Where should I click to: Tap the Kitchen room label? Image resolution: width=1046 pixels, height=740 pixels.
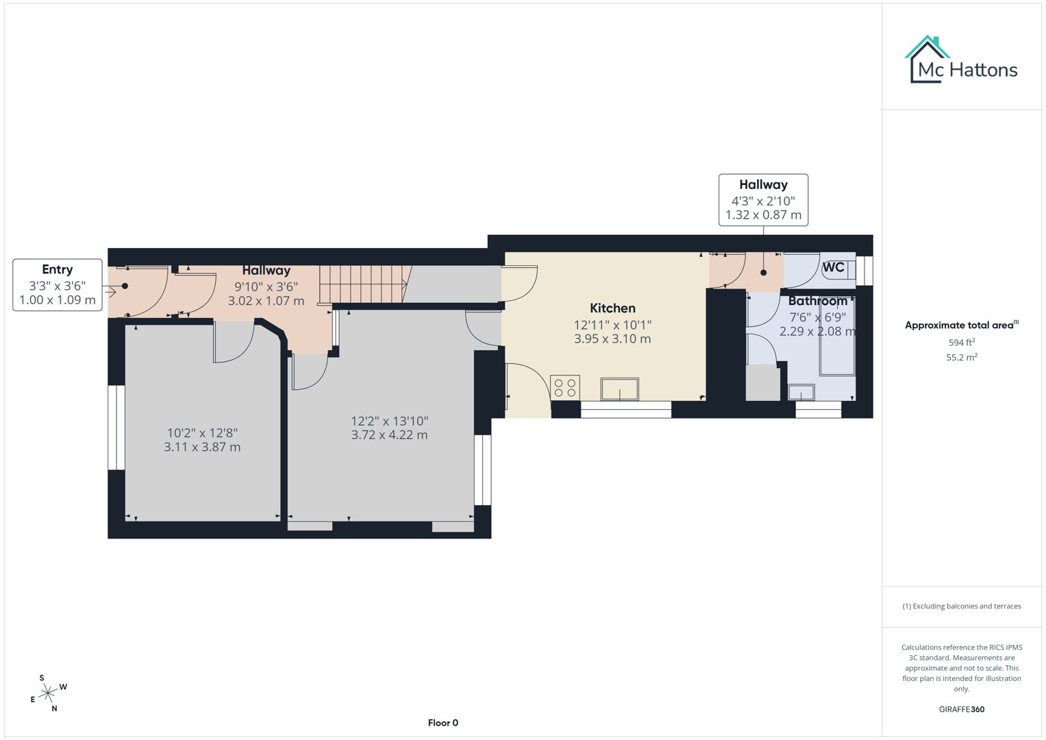[612, 308]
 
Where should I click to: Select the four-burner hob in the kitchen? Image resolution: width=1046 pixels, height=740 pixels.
[565, 388]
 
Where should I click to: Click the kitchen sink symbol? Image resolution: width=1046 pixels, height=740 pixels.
[620, 389]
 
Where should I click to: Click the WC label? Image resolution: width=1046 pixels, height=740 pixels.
[833, 267]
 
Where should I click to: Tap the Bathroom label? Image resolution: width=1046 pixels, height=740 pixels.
[817, 301]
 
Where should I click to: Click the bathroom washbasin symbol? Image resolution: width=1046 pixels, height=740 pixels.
[801, 393]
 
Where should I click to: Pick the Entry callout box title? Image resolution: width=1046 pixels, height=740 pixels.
[57, 269]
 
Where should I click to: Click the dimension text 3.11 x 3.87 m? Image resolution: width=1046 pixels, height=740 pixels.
[202, 447]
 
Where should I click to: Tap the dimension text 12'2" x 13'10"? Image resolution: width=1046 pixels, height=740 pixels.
[389, 421]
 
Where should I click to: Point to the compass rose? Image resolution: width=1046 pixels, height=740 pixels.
[48, 693]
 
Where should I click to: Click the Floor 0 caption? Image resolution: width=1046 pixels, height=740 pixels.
[443, 723]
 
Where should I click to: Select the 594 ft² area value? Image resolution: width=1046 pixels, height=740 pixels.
[962, 343]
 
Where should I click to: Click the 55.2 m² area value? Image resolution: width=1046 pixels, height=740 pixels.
[962, 358]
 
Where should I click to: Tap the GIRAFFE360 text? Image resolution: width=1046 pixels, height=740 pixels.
[962, 710]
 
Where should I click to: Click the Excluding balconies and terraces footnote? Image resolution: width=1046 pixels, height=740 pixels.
[962, 606]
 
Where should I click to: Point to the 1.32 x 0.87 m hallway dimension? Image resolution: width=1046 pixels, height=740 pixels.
[763, 215]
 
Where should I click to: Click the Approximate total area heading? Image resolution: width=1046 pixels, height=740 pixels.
[960, 325]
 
